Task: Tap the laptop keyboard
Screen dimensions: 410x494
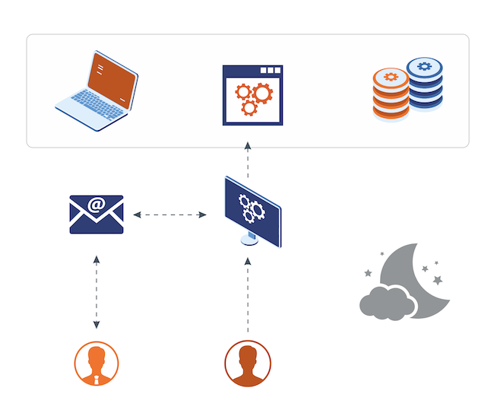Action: [92, 106]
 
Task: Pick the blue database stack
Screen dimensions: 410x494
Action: [424, 83]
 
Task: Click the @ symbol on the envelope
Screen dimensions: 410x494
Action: [96, 204]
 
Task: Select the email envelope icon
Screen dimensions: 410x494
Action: [96, 215]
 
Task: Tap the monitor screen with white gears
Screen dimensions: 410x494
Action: [252, 205]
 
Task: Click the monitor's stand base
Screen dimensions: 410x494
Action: [250, 241]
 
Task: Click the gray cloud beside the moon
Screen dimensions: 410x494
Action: [387, 302]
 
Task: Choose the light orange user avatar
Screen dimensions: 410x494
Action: [97, 364]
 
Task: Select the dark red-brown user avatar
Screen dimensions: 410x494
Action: [248, 364]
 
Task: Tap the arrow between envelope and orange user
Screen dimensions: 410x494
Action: [97, 293]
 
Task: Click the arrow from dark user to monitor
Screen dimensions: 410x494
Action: [248, 297]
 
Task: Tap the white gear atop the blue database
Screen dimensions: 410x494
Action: [424, 66]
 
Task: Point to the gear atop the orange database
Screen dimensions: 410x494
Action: [391, 76]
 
